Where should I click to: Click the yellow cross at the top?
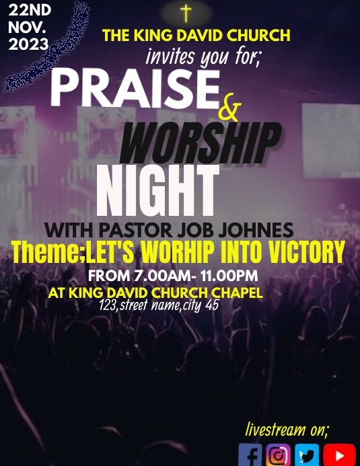(186, 13)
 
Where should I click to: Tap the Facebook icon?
(250, 455)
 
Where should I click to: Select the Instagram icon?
(278, 455)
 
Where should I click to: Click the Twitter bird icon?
(307, 455)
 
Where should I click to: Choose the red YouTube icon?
(339, 455)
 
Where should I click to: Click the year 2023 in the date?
(28, 44)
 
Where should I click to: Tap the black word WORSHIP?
(201, 142)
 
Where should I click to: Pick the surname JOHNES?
(260, 230)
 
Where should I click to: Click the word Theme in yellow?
(45, 253)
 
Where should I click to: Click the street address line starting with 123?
(159, 305)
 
